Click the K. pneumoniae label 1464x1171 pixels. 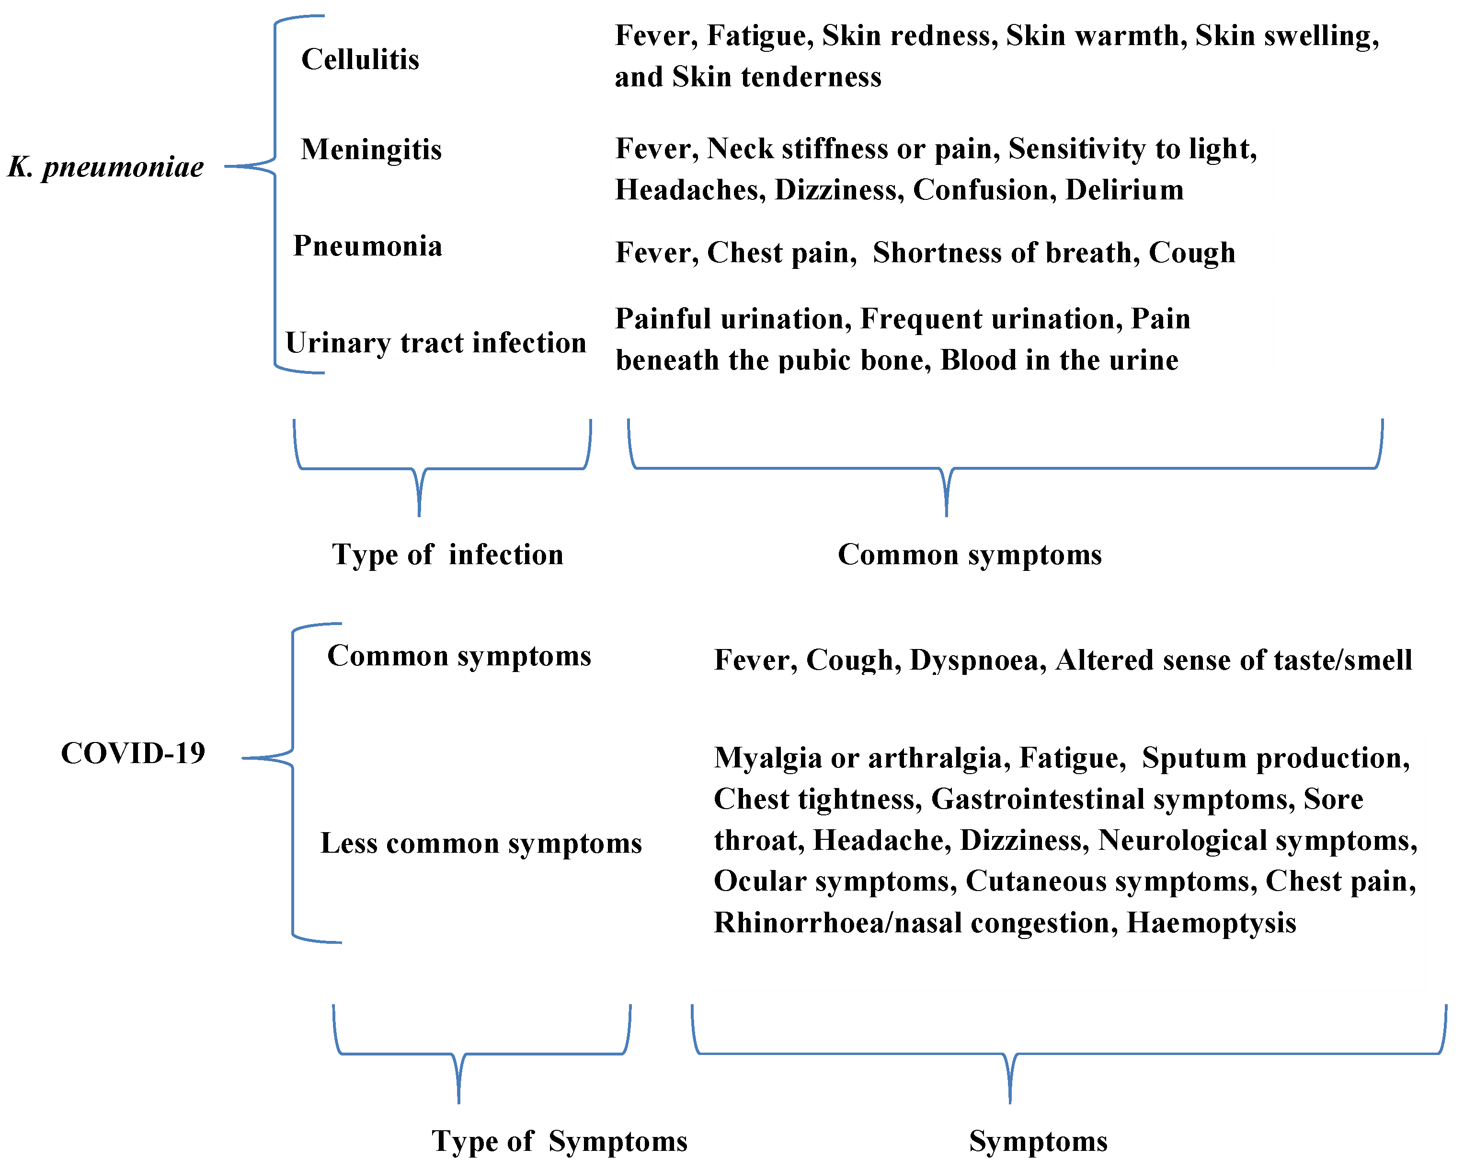[x=106, y=166]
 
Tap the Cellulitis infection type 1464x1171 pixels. [x=360, y=59]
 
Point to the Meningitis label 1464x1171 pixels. [x=371, y=150]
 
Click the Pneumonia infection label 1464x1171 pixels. [x=367, y=246]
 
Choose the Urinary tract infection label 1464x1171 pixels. [x=435, y=343]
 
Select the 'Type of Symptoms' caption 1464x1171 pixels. [x=560, y=1141]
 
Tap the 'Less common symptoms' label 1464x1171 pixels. [x=481, y=844]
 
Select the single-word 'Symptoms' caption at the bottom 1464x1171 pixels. [x=1038, y=1141]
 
